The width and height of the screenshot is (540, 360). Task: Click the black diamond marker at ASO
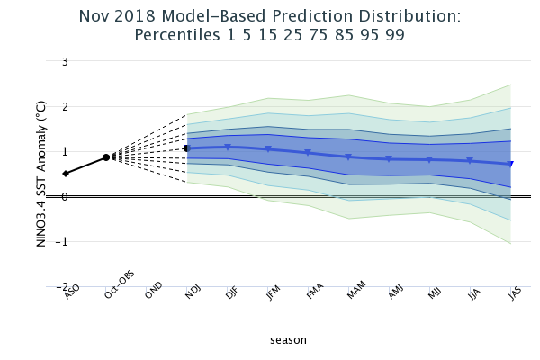(x=66, y=174)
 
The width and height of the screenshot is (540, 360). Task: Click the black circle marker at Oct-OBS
(x=106, y=157)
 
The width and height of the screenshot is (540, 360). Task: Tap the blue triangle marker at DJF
(x=228, y=148)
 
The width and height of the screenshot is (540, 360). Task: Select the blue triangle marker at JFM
(x=268, y=149)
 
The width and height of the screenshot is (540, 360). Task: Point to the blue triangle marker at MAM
(x=348, y=157)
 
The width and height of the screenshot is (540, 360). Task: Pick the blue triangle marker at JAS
(x=510, y=164)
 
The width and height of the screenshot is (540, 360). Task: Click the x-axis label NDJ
(x=193, y=292)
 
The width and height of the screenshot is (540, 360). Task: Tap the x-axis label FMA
(x=314, y=291)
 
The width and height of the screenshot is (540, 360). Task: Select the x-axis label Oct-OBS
(x=119, y=285)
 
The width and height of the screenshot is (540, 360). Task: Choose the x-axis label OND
(x=153, y=290)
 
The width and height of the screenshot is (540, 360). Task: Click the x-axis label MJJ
(x=435, y=292)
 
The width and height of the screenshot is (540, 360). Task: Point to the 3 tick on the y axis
(x=65, y=62)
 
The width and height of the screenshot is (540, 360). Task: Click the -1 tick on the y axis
(x=62, y=242)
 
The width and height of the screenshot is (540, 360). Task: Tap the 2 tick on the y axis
(x=65, y=107)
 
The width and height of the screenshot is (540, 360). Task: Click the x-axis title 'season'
(x=288, y=340)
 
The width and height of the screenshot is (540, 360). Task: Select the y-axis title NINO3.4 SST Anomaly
(x=41, y=174)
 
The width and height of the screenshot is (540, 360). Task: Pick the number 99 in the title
(x=395, y=35)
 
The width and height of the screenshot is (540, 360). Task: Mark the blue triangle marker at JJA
(x=470, y=160)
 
